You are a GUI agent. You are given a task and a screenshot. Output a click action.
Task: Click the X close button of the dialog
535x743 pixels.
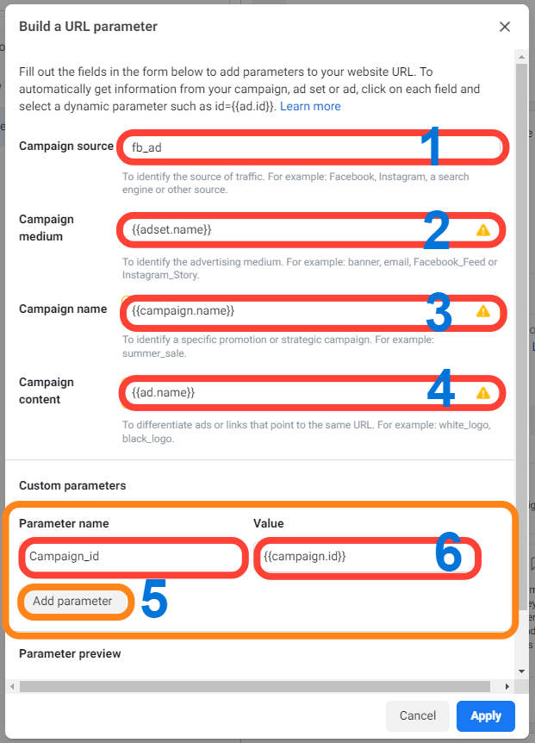505,27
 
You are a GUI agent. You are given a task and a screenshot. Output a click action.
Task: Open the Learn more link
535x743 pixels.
310,106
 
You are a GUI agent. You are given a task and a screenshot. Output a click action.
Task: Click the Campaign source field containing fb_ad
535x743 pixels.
312,147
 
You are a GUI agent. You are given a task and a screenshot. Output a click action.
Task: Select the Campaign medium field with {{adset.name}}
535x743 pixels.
311,230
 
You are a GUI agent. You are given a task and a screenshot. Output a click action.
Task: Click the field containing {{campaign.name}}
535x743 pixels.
313,311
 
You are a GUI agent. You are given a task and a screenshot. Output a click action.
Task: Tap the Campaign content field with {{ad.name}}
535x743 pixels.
312,393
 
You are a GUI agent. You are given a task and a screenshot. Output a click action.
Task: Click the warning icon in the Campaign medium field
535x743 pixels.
483,230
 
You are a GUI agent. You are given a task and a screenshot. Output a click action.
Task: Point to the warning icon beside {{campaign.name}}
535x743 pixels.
483,311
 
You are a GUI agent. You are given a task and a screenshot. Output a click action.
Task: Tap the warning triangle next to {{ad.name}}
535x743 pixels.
483,393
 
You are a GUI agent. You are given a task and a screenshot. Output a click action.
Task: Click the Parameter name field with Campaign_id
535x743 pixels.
133,556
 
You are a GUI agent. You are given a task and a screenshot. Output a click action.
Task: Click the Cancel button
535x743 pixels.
418,715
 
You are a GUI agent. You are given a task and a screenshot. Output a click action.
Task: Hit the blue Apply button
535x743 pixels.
486,715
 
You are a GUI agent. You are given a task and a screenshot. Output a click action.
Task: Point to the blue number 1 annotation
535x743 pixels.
431,146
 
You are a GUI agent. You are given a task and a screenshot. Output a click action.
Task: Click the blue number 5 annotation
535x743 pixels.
154,599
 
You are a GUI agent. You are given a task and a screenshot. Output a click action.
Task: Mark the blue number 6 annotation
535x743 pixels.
448,552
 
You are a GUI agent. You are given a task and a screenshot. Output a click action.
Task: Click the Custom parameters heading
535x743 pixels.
72,485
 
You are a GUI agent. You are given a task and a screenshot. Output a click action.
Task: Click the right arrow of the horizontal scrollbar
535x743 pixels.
507,687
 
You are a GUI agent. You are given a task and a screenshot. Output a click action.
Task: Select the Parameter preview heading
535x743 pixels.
70,654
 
